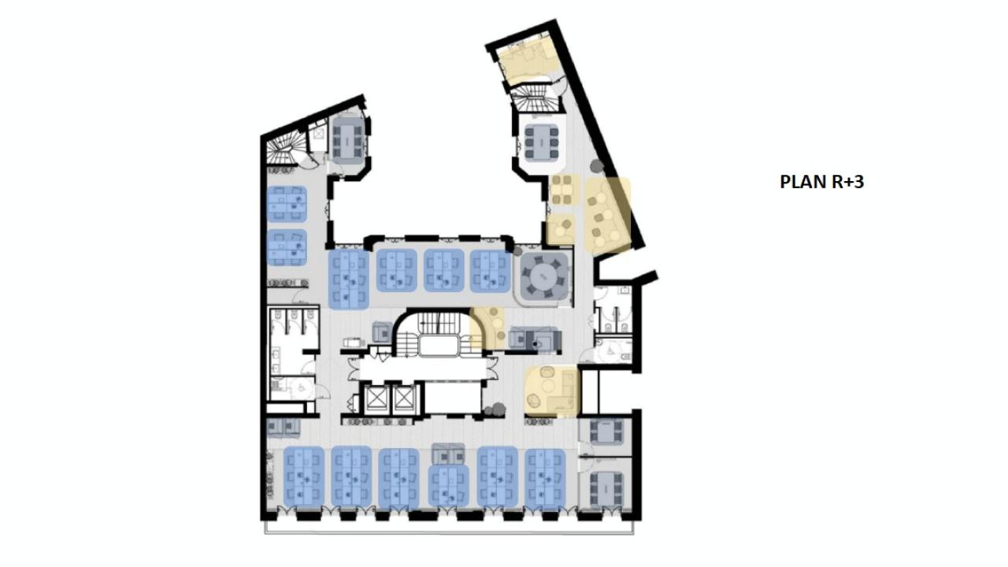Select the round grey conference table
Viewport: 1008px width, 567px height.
543,276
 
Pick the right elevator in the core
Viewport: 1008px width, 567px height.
403,399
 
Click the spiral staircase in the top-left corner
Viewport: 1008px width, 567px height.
283,149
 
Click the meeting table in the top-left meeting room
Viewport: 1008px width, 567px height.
346,139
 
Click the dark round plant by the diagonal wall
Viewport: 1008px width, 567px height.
596,167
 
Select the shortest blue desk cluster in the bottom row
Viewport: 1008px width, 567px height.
448,485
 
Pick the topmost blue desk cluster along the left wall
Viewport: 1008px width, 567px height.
286,204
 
